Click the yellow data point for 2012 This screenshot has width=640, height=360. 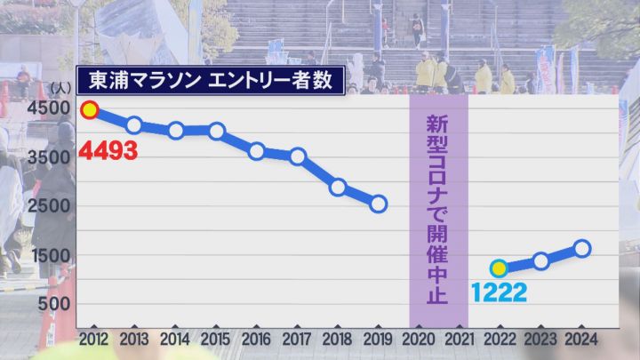click(x=89, y=111)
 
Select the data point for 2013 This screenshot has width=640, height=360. click(x=134, y=124)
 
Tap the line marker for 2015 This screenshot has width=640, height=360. click(x=216, y=131)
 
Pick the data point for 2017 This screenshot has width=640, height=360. click(x=298, y=156)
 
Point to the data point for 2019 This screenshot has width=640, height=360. click(x=379, y=204)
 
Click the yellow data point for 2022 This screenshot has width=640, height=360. click(x=499, y=268)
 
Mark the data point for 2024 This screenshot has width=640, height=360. click(x=581, y=248)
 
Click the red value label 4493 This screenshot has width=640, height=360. click(x=108, y=150)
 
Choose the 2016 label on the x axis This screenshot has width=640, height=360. click(x=257, y=339)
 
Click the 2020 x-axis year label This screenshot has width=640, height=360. click(x=418, y=339)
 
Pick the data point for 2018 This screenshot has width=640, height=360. click(x=338, y=187)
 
